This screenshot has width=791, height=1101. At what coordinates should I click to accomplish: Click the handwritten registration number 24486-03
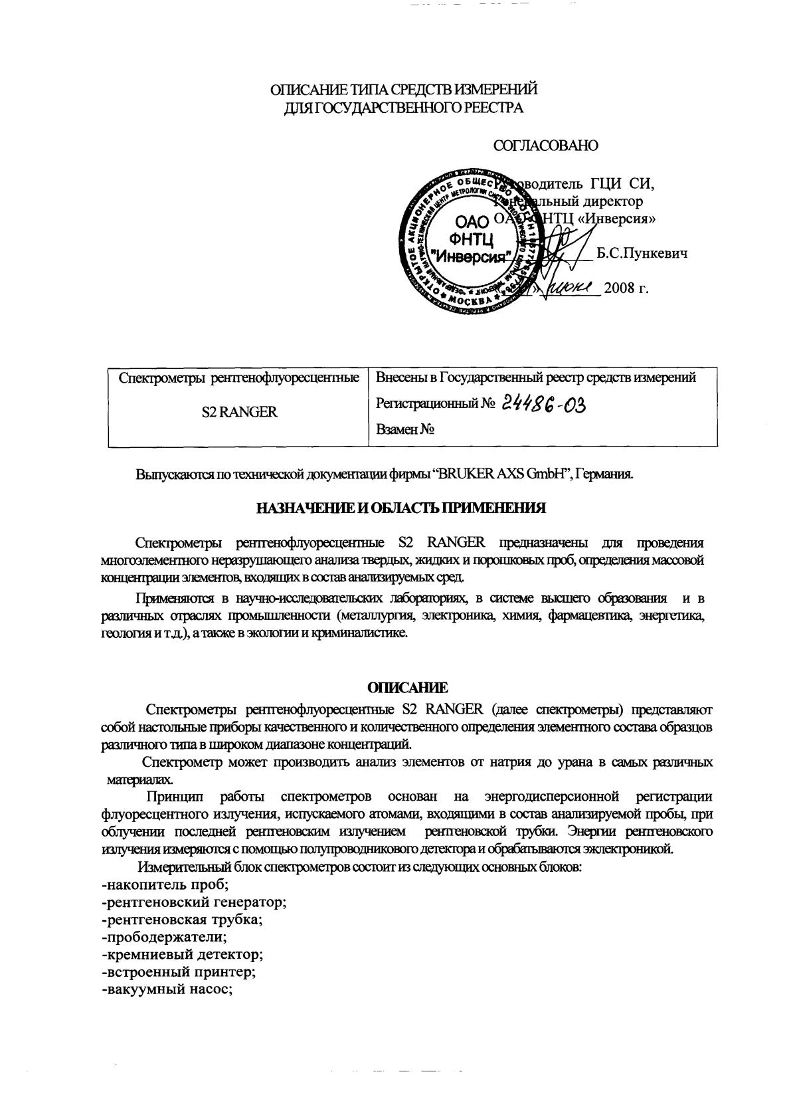click(x=546, y=403)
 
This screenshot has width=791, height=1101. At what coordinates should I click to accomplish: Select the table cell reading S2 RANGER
click(x=239, y=412)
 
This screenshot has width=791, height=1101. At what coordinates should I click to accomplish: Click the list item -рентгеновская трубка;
click(x=183, y=920)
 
